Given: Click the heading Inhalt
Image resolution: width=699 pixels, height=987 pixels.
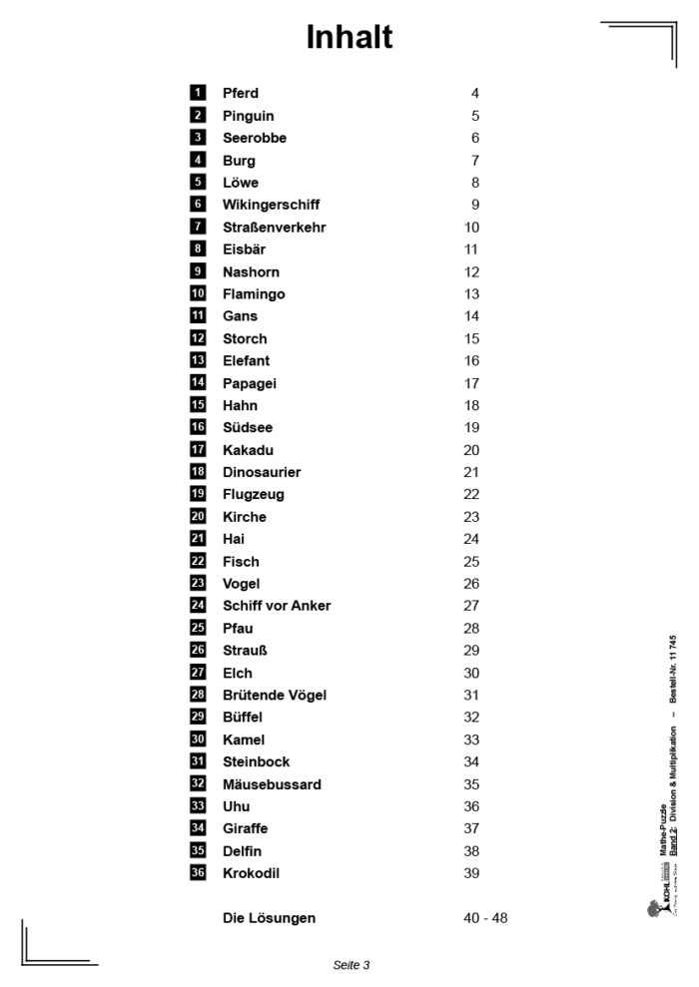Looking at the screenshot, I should pyautogui.click(x=349, y=37).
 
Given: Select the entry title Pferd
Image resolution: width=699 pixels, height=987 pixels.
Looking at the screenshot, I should pyautogui.click(x=241, y=94).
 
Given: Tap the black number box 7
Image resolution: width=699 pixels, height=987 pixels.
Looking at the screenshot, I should pyautogui.click(x=198, y=227).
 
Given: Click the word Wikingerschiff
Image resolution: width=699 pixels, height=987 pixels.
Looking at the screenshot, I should pyautogui.click(x=271, y=205).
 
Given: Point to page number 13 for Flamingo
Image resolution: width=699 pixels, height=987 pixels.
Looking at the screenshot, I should pyautogui.click(x=471, y=294).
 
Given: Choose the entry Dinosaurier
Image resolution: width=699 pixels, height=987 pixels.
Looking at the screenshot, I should pyautogui.click(x=262, y=472).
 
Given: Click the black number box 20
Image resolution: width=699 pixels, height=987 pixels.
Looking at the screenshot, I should pyautogui.click(x=198, y=516).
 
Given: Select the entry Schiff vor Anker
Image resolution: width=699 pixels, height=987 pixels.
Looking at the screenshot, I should pyautogui.click(x=277, y=606).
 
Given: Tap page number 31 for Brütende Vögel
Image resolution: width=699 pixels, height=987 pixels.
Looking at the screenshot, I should pyautogui.click(x=471, y=696).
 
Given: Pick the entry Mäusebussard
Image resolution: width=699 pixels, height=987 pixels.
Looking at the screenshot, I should pyautogui.click(x=272, y=784).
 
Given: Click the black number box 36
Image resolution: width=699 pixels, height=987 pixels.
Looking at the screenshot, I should pyautogui.click(x=198, y=873).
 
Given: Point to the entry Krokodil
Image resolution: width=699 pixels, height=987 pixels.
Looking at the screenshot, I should pyautogui.click(x=251, y=873).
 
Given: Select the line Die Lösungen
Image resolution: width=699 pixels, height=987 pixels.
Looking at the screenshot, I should pyautogui.click(x=269, y=918).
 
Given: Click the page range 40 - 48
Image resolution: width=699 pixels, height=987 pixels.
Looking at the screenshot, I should pyautogui.click(x=485, y=918).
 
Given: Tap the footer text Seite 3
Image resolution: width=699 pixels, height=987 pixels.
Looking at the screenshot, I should pyautogui.click(x=351, y=965).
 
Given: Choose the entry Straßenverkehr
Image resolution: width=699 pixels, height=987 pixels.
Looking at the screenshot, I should pyautogui.click(x=274, y=228).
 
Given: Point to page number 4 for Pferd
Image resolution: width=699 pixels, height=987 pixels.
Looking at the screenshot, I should pyautogui.click(x=475, y=94).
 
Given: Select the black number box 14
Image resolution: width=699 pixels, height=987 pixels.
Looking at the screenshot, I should pyautogui.click(x=198, y=382).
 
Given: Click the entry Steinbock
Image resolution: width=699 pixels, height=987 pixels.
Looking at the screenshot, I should pyautogui.click(x=256, y=762).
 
